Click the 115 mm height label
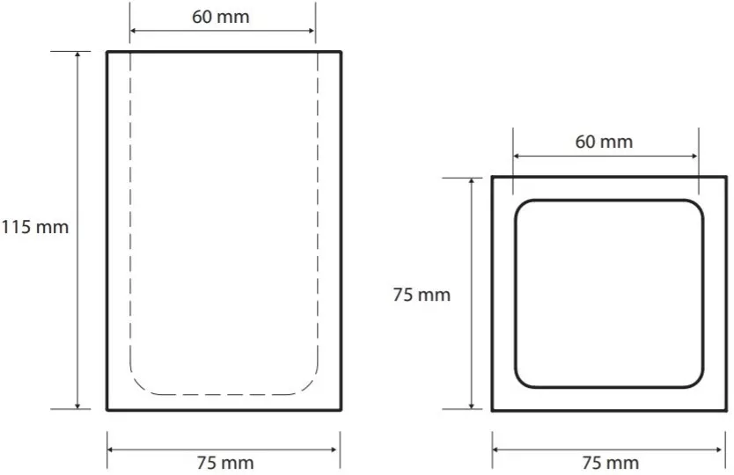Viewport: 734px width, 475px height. click(x=34, y=228)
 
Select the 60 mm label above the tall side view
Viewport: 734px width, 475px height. click(x=221, y=18)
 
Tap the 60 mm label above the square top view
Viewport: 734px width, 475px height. click(x=604, y=142)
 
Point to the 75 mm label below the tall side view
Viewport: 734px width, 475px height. click(x=225, y=463)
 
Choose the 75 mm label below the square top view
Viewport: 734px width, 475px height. click(x=611, y=463)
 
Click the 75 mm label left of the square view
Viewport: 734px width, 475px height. click(x=422, y=295)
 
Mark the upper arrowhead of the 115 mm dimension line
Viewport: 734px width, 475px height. click(x=77, y=55)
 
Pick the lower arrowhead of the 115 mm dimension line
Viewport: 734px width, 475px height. click(x=77, y=406)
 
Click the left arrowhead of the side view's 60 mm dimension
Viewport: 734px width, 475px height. click(x=134, y=31)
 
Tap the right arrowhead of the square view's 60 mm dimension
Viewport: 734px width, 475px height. click(x=694, y=156)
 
